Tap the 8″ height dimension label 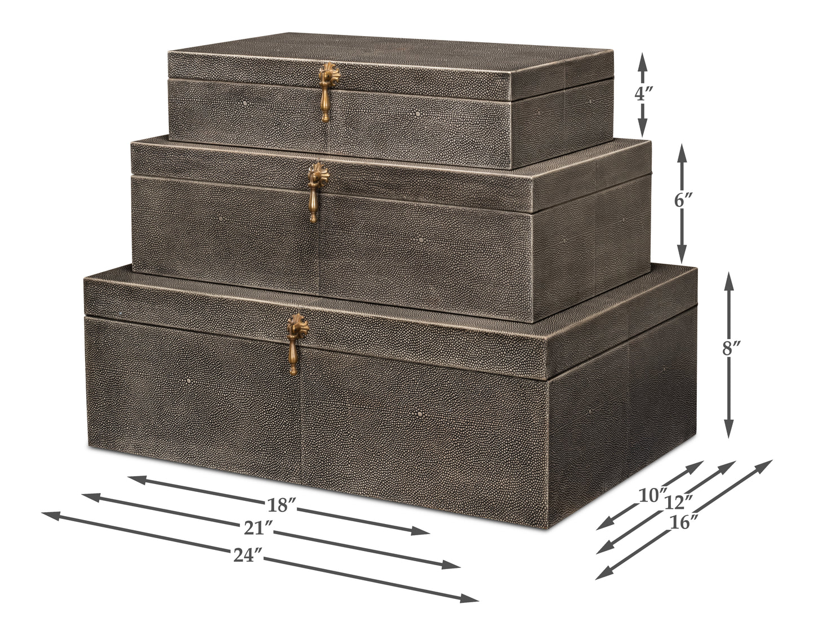pyautogui.click(x=731, y=349)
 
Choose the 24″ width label pyautogui.click(x=248, y=556)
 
